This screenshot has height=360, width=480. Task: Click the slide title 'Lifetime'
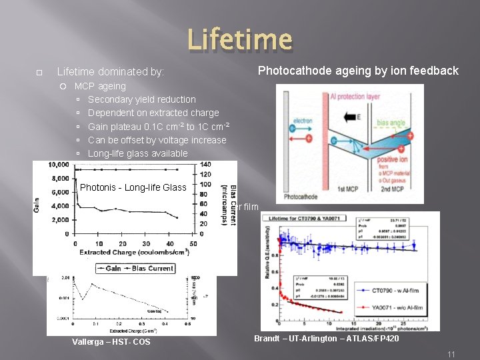click(x=239, y=40)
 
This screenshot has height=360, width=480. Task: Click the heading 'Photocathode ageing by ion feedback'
click(x=358, y=71)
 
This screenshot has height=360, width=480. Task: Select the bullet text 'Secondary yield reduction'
click(x=142, y=99)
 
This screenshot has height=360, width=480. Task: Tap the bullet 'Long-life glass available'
click(x=138, y=153)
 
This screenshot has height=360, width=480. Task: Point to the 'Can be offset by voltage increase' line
click(x=157, y=140)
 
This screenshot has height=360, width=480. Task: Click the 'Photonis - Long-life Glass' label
click(x=133, y=187)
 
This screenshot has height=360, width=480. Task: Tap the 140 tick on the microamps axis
click(x=205, y=165)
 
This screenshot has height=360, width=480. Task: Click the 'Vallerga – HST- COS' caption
click(x=111, y=342)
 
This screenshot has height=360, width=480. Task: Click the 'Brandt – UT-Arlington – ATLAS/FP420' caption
click(x=327, y=339)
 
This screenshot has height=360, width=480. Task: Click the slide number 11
click(x=451, y=354)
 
